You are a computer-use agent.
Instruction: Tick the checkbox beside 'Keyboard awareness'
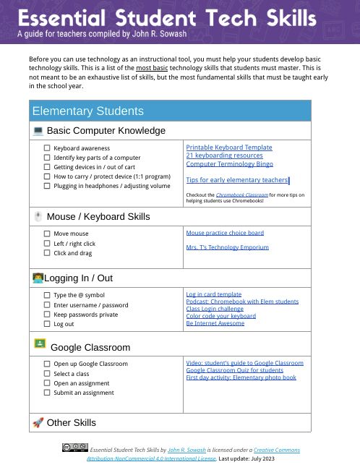point(47,148)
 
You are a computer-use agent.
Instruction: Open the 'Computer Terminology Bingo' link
point(229,164)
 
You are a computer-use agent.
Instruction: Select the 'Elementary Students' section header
point(87,111)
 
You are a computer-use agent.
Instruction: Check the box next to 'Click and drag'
point(47,253)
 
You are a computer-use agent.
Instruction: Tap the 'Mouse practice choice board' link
point(225,233)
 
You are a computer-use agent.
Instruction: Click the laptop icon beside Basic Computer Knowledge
point(38,131)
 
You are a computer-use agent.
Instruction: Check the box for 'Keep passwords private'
point(47,315)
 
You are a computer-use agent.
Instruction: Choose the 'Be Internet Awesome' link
point(215,322)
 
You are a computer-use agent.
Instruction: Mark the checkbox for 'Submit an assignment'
point(47,393)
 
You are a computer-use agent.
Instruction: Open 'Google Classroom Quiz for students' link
point(234,369)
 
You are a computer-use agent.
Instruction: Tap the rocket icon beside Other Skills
point(38,422)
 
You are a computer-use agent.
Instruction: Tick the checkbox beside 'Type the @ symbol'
point(47,295)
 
